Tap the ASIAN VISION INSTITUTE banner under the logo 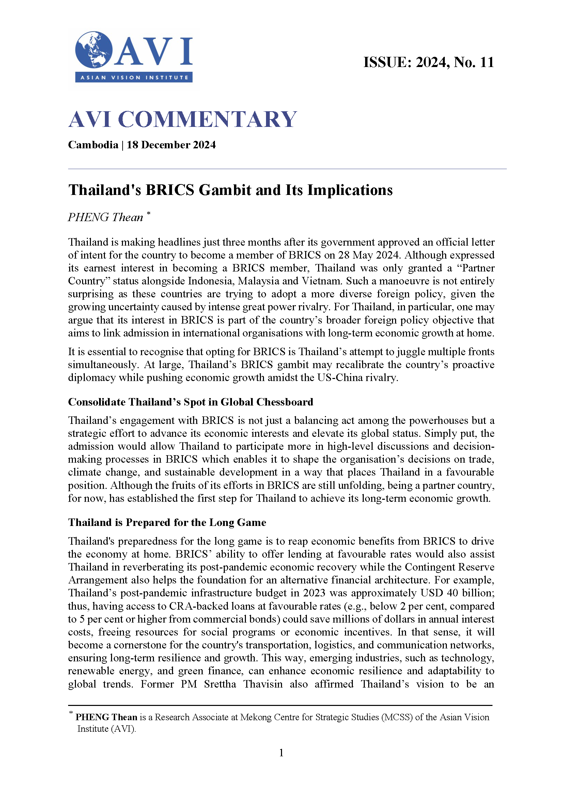[134, 77]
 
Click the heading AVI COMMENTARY [182, 119]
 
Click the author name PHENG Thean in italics [105, 217]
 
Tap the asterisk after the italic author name [148, 213]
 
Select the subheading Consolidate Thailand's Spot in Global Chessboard [190, 402]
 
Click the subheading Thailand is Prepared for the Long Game [167, 522]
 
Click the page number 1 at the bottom [281, 753]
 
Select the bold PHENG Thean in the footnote [106, 717]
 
